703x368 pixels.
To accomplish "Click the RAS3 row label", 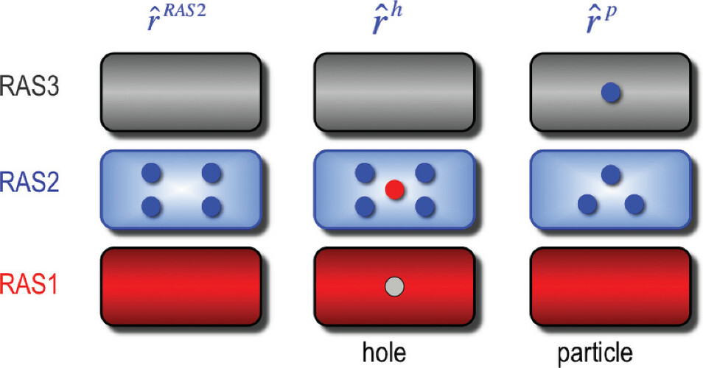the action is pos(29,86).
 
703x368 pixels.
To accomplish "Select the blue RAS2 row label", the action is pos(29,183).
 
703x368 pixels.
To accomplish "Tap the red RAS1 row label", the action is pos(29,284).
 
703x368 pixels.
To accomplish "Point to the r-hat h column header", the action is pos(388,19).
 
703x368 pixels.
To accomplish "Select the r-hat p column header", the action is pos(601,20).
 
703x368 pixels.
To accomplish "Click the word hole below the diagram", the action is pos(384,352).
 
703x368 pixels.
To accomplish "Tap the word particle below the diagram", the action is pos(595,353).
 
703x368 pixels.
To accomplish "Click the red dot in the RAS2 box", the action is pos(395,190).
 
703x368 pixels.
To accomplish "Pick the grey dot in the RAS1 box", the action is pos(395,286).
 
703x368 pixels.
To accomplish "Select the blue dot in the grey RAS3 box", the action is pos(611,93).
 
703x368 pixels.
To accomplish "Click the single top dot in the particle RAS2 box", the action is pos(611,174).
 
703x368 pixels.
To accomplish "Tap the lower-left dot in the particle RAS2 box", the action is pos(587,205).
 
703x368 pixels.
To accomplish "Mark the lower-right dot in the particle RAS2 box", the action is pos(634,205).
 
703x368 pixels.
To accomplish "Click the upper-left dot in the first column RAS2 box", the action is pos(152,173).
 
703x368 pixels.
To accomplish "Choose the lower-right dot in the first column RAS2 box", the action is pos(211,208).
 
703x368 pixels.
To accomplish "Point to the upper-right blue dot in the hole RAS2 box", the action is pos(425,173).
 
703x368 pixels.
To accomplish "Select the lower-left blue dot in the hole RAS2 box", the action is pos(365,208).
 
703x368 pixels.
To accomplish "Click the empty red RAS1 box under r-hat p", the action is pos(611,286).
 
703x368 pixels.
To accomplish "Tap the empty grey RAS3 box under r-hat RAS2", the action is pos(181,92).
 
